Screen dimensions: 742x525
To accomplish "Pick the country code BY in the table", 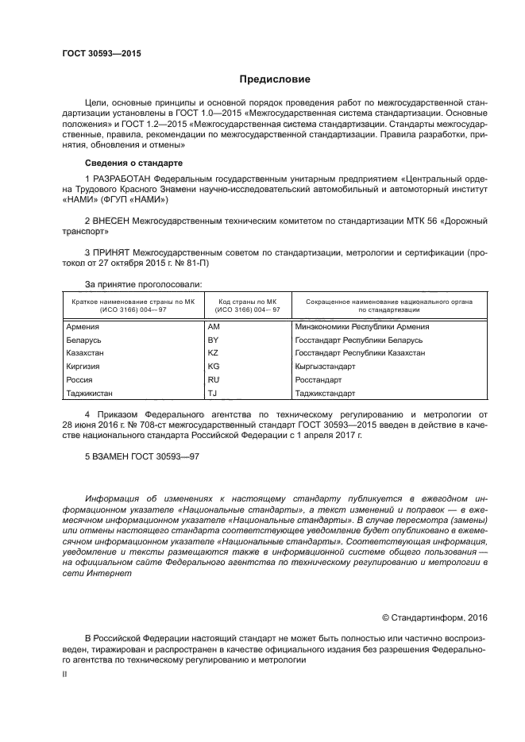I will (213, 340).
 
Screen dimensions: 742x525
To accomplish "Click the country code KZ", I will (213, 353).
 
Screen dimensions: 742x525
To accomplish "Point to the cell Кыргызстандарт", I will (325, 367).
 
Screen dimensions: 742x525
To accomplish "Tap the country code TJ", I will (212, 394).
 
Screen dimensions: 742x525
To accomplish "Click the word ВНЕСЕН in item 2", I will (113, 221).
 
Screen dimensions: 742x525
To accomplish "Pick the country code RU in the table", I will (213, 380).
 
